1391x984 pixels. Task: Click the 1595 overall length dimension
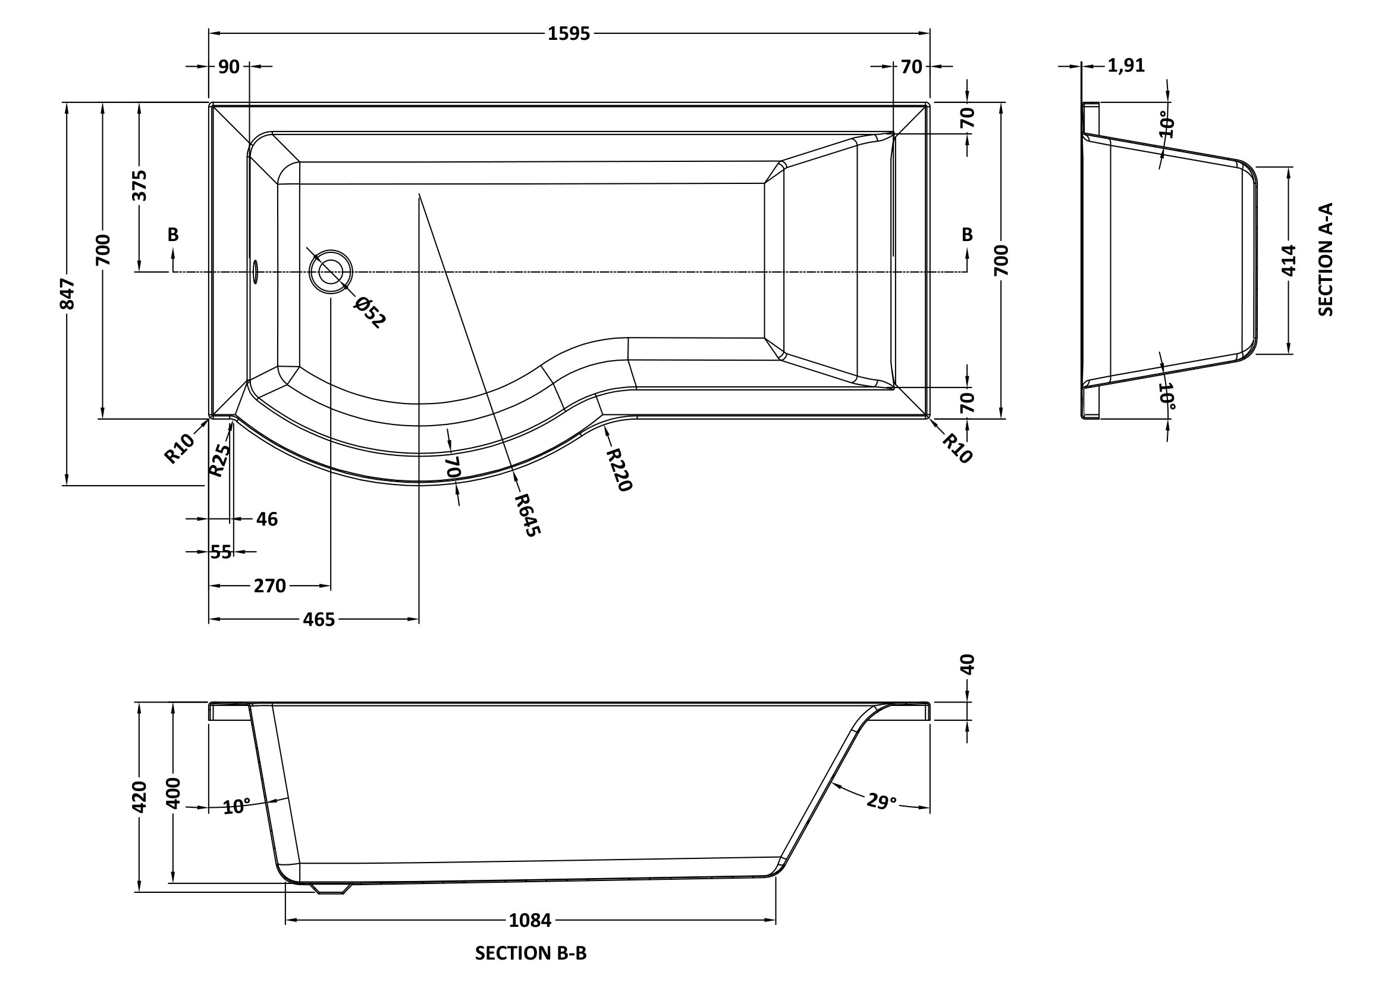569,34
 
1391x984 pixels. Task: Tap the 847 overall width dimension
68,293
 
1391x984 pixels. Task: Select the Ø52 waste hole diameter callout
369,312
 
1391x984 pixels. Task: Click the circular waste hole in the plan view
331,271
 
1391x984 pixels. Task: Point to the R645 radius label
526,515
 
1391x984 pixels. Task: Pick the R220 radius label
619,469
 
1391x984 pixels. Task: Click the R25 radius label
220,460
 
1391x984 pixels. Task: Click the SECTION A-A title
1326,260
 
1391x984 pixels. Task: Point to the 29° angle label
881,801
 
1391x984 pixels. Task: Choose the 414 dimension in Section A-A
1289,260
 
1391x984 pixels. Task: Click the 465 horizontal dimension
319,619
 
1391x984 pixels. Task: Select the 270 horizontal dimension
269,586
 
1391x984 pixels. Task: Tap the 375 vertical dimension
139,185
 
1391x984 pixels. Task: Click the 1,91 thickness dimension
1126,65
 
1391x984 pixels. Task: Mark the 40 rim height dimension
967,664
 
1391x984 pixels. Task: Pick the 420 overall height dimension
139,796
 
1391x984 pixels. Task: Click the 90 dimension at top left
228,67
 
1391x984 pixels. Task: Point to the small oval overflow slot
255,271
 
